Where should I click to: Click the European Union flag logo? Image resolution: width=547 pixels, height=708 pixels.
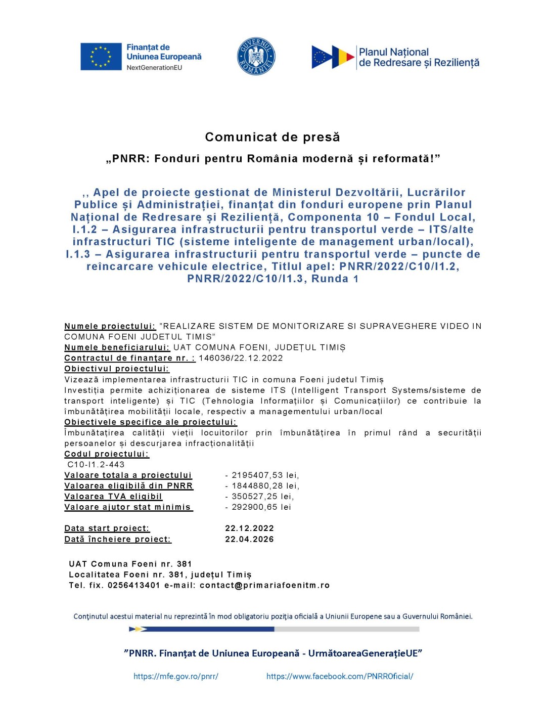pyautogui.click(x=101, y=57)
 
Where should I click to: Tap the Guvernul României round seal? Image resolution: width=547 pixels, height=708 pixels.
pyautogui.click(x=256, y=57)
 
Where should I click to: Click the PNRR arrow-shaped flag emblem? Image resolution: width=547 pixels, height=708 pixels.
pyautogui.click(x=333, y=57)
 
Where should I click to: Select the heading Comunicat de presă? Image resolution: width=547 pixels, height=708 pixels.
pyautogui.click(x=272, y=137)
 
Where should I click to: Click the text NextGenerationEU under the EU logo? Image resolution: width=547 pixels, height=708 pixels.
pyautogui.click(x=154, y=68)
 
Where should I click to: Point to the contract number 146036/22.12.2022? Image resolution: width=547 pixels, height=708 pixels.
pyautogui.click(x=241, y=358)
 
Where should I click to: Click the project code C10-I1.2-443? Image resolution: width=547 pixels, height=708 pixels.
pyautogui.click(x=96, y=465)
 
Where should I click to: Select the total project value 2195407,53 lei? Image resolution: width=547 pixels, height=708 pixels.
pyautogui.click(x=265, y=475)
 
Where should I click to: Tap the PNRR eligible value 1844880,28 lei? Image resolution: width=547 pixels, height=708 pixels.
pyautogui.click(x=265, y=486)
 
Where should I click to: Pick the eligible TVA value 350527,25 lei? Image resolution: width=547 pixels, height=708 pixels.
pyautogui.click(x=262, y=497)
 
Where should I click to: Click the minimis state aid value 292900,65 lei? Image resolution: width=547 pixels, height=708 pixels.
pyautogui.click(x=261, y=507)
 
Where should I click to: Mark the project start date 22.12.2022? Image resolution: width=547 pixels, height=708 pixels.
pyautogui.click(x=249, y=528)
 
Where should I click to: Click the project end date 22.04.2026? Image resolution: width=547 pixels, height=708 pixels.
pyautogui.click(x=249, y=540)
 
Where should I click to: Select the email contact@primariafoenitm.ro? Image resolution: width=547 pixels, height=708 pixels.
pyautogui.click(x=264, y=586)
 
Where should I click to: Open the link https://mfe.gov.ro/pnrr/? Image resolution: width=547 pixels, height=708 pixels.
pyautogui.click(x=176, y=677)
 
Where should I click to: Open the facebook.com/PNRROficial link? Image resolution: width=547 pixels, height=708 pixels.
pyautogui.click(x=340, y=677)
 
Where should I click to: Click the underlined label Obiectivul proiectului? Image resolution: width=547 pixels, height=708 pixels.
pyautogui.click(x=117, y=369)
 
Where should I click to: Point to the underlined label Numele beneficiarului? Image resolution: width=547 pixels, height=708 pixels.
pyautogui.click(x=117, y=348)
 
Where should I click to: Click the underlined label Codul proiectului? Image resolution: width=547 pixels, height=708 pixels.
pyautogui.click(x=107, y=454)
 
